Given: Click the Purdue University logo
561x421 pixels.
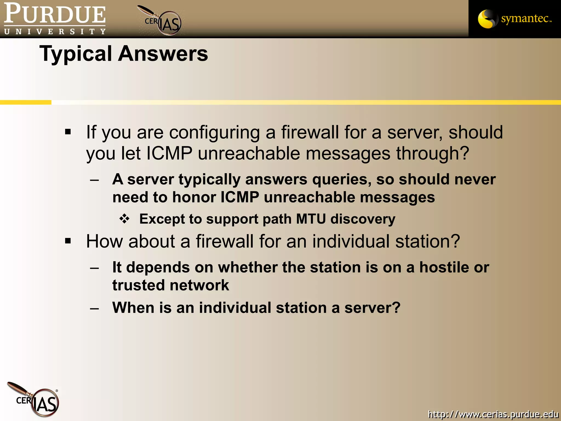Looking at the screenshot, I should coord(55,19).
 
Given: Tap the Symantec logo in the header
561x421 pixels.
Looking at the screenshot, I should coord(514,19).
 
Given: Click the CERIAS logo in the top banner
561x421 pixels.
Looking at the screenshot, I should coord(162,21).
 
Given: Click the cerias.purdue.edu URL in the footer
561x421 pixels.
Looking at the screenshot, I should coord(493,414).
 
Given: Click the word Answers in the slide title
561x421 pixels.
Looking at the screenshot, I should coord(163,53).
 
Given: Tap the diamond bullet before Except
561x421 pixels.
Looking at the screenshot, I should coord(125,219).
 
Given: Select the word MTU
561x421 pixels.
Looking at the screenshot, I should coord(311,219).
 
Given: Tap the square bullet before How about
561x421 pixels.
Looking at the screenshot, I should coord(68,241).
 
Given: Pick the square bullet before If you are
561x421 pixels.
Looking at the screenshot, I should coord(68,132).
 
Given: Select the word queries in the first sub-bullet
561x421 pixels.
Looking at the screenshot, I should coord(342,180).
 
